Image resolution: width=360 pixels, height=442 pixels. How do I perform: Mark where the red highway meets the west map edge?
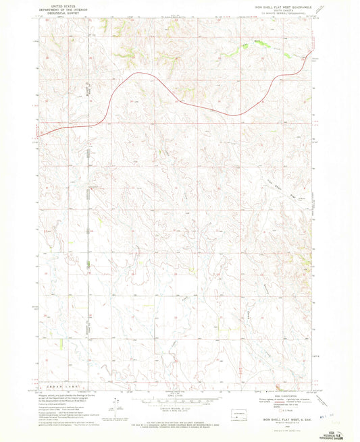pos(38,135)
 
